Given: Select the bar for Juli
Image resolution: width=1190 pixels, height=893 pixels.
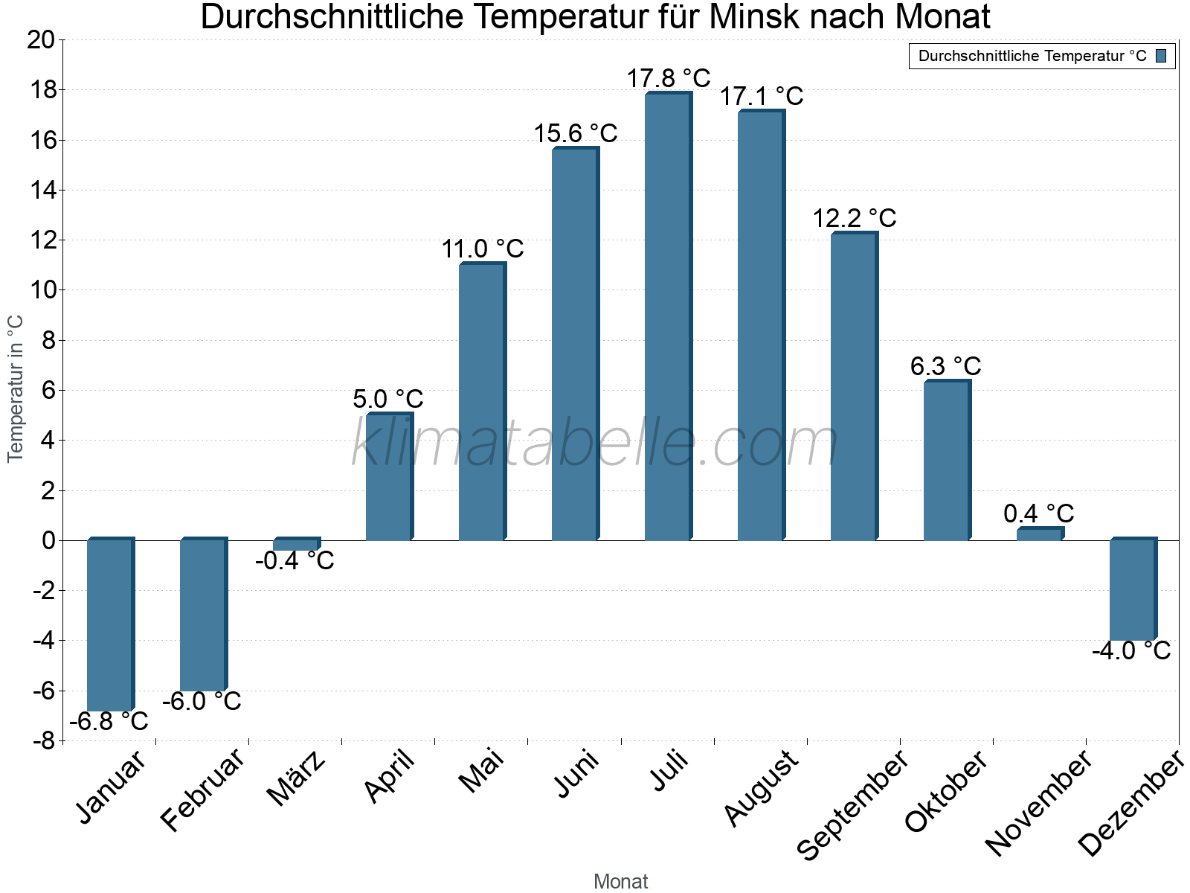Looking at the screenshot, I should [667, 316].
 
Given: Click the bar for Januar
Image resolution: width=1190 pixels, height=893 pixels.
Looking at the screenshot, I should [109, 625].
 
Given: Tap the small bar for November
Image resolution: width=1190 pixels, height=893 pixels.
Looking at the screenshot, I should [1039, 534].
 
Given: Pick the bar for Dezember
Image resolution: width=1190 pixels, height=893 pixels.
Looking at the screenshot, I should [1132, 589].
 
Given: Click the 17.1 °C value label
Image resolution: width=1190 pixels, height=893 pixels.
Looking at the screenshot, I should [761, 96].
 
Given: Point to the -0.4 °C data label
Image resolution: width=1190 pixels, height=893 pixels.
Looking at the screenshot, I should [295, 560].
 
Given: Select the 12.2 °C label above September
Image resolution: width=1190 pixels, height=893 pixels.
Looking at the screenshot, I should [854, 218].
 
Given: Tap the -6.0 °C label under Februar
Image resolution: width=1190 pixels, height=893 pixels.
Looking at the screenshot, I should [202, 701].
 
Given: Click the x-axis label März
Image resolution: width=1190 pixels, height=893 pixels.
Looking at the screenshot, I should [296, 778].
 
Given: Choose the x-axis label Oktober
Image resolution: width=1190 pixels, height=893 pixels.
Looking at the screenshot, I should [946, 790].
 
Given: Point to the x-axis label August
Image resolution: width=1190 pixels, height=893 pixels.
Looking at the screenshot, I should [761, 788].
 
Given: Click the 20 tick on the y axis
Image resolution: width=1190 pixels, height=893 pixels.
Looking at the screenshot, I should [41, 40].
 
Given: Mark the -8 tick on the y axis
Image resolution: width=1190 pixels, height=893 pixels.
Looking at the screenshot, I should [43, 741].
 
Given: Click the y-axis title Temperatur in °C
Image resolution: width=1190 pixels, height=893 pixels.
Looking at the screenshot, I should [16, 388].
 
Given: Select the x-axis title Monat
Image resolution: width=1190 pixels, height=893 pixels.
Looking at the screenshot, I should [621, 881].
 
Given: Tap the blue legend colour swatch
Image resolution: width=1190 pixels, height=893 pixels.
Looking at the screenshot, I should [1161, 56].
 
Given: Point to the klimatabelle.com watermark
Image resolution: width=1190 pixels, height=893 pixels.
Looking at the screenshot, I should [595, 444].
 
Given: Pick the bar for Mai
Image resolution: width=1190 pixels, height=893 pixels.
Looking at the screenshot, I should [481, 402].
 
